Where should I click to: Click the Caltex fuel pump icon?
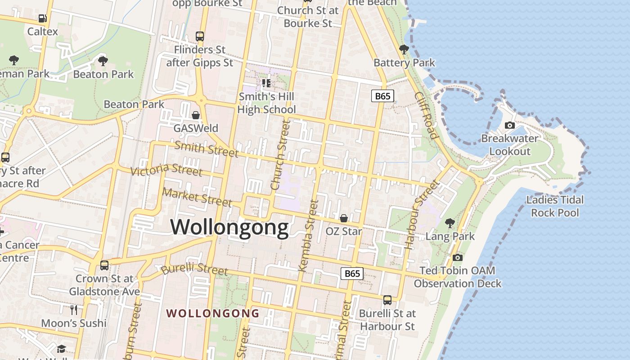pos(43,18)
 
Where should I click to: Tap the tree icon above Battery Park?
pos(404,49)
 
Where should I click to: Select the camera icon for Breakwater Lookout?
pos(510,125)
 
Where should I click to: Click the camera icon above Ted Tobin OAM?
pos(458,257)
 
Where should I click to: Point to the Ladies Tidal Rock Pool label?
pos(555,206)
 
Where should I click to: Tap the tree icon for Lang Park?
pos(450,223)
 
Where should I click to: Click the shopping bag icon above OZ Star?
pos(344,218)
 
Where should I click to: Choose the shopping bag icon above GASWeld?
pos(196,115)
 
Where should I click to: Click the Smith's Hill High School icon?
pos(266,83)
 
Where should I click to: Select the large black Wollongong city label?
pos(229,227)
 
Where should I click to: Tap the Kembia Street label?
pos(308,236)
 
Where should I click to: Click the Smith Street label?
pos(206,148)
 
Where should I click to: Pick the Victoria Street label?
pos(166,170)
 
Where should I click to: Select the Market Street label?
pos(197,197)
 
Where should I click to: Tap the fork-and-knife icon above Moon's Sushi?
pos(74,310)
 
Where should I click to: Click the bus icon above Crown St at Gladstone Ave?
pos(104,265)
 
